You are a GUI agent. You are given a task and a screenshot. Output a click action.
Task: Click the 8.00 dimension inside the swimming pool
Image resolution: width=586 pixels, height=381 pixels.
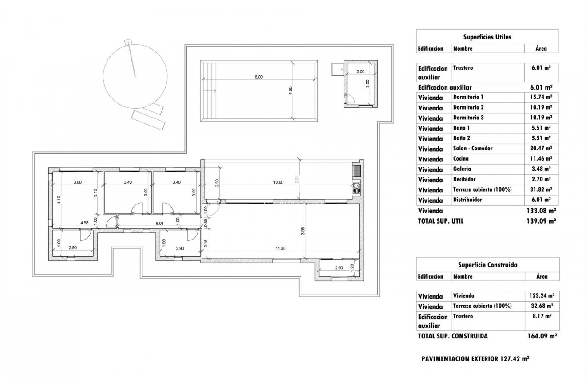258,77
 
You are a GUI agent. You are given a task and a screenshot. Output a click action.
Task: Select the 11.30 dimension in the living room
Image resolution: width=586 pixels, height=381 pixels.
280,249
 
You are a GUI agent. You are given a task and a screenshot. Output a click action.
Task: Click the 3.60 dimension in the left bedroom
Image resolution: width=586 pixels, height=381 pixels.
77,182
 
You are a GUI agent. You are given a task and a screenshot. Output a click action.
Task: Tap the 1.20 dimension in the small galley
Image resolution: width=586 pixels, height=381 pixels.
352,267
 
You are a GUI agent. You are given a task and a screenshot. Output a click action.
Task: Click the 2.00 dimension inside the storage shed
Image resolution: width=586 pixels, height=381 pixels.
360,71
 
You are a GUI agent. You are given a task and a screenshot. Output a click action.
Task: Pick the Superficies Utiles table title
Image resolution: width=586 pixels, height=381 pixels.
487,37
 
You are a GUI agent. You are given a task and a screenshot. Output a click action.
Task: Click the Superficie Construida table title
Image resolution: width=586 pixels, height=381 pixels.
487,265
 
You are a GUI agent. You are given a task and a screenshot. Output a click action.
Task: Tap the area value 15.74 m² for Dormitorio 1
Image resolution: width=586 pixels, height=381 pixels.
541,97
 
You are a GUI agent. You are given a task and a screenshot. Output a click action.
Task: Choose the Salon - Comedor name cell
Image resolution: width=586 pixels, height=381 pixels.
472,149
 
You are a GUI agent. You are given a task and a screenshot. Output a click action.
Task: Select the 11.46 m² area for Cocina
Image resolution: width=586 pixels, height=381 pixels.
541,159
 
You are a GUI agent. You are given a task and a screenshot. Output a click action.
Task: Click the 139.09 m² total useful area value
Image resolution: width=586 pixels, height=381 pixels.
541,221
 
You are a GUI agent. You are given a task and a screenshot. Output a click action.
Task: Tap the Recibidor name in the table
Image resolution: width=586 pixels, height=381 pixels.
464,179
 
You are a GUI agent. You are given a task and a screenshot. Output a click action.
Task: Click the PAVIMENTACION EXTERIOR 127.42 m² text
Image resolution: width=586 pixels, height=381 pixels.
475,359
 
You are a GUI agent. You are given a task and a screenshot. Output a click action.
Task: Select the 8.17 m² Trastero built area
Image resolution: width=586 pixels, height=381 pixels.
541,317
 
